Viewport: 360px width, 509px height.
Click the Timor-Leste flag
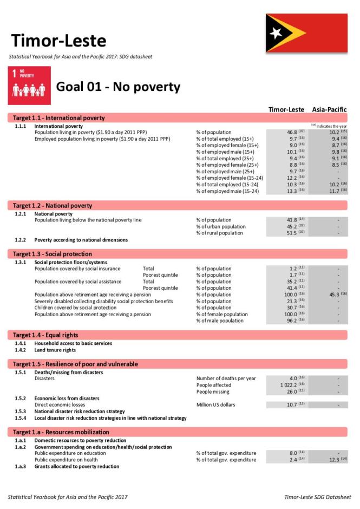coord(306,34)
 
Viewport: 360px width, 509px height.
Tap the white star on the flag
coord(276,33)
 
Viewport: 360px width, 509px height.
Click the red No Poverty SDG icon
coord(30,86)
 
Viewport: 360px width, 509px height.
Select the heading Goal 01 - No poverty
coord(118,87)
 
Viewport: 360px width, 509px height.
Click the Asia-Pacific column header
coord(329,109)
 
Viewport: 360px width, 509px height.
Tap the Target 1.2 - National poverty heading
coord(53,206)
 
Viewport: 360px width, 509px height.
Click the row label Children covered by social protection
coord(75,308)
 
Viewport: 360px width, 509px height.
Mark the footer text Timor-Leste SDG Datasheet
coord(317,497)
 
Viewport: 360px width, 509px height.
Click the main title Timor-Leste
coord(58,41)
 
